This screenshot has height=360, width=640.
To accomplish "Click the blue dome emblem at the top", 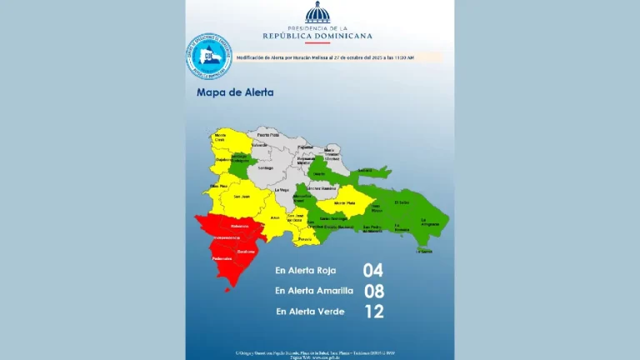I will tap(317, 14).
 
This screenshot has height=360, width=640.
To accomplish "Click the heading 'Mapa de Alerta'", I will tap(234, 92).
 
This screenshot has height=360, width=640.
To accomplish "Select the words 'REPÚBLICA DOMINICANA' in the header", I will tap(317, 36).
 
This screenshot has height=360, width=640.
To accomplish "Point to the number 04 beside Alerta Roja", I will tap(372, 270).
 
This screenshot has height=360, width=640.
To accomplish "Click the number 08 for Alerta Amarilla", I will tap(373, 291).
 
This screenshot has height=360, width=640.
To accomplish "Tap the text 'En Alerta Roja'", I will tap(308, 271).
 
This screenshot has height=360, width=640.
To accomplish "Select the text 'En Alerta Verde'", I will tap(311, 312).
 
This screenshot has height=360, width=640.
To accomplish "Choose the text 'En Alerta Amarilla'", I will tap(314, 291).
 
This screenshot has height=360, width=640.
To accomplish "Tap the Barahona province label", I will tap(246, 251).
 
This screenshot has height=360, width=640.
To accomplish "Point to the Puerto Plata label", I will tap(267, 133).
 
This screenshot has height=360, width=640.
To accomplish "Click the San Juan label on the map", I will tap(241, 196).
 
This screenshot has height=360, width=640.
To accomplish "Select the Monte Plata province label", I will tap(344, 202).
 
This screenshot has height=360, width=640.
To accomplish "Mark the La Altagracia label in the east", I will tap(430, 222).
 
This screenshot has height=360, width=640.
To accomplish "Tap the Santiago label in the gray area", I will tap(265, 167).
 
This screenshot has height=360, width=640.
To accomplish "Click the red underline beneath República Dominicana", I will tap(317, 43).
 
